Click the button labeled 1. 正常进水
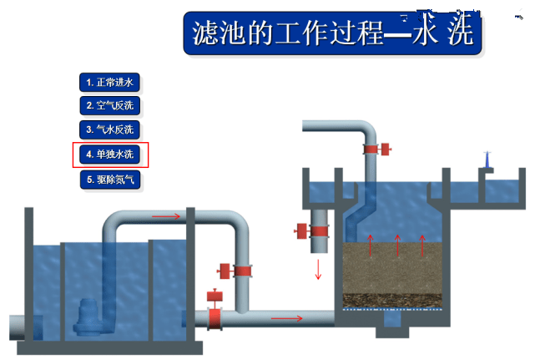[109, 83]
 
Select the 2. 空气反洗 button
[110, 105]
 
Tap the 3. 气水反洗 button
[109, 129]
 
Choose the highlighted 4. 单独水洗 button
[110, 155]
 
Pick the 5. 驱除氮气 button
[110, 180]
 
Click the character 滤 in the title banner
[205, 33]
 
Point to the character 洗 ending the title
[461, 33]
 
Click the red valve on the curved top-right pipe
[377, 149]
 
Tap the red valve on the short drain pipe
[311, 231]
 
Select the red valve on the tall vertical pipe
[235, 271]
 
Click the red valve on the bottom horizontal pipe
[215, 309]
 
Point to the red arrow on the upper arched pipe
[166, 216]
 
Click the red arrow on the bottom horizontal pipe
[286, 319]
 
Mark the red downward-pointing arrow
[318, 270]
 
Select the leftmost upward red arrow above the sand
[371, 246]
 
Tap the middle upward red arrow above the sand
[397, 246]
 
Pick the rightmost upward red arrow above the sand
[422, 246]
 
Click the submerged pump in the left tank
[89, 317]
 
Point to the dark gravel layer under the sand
[392, 300]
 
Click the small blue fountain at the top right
[487, 160]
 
